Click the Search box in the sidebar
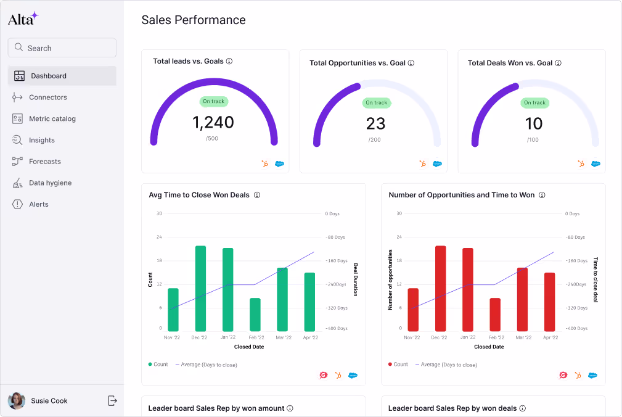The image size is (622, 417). pos(62,48)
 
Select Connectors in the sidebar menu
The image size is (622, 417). pos(47,97)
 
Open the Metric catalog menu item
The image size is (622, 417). pos(52,118)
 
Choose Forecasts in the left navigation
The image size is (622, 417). pos(44,162)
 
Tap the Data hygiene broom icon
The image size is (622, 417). pos(17,183)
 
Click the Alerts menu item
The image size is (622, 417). pos(38,204)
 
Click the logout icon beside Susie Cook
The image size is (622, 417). pos(112,401)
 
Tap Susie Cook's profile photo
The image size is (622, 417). pos(17,401)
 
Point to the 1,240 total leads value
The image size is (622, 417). pos(213,122)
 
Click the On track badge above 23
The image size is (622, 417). pos(376,103)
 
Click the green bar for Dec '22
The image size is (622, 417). pos(200,288)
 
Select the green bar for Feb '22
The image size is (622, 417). pos(255,315)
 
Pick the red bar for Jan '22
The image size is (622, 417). pos(468,289)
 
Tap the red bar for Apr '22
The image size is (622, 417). pos(549,302)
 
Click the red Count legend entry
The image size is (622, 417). pos(398,365)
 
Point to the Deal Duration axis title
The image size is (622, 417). pos(356,279)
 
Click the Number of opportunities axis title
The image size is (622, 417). pos(390,279)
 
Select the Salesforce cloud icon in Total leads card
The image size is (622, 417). pos(279,164)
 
